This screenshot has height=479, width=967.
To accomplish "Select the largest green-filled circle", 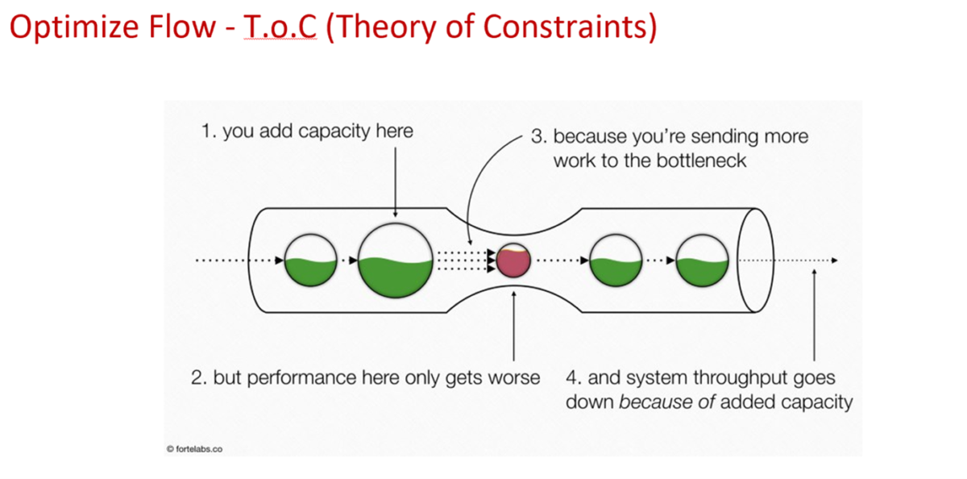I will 396,260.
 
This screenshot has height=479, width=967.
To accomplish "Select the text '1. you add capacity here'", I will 306,131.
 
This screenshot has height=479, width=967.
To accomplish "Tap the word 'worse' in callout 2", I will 513,377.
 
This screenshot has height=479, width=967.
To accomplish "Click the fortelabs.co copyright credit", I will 194,448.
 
